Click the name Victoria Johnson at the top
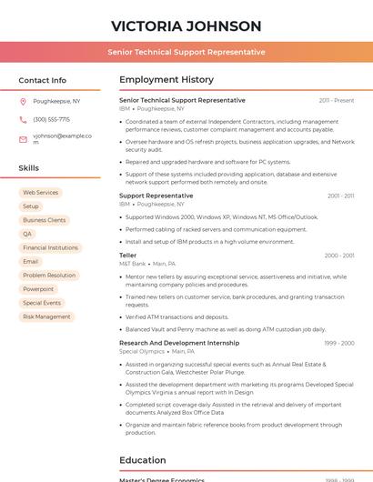coord(186,26)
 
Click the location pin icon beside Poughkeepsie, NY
coord(23,102)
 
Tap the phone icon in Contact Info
coord(23,119)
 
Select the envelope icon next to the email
coord(23,140)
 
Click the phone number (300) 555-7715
coord(51,119)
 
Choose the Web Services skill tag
coord(40,193)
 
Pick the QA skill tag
coord(27,234)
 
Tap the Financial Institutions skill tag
coord(50,247)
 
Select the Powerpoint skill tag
coord(38,289)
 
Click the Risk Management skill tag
coord(46,316)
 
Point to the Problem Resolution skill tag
coord(49,276)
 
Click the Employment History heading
coord(166,80)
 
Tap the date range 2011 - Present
coord(337,101)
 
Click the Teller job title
coord(128,256)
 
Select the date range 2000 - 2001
coord(339,256)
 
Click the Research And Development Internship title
coord(179,343)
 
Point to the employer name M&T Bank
coord(132,264)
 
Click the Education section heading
coord(143,460)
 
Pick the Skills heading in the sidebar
coord(29,168)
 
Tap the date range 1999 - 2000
coord(339,343)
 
